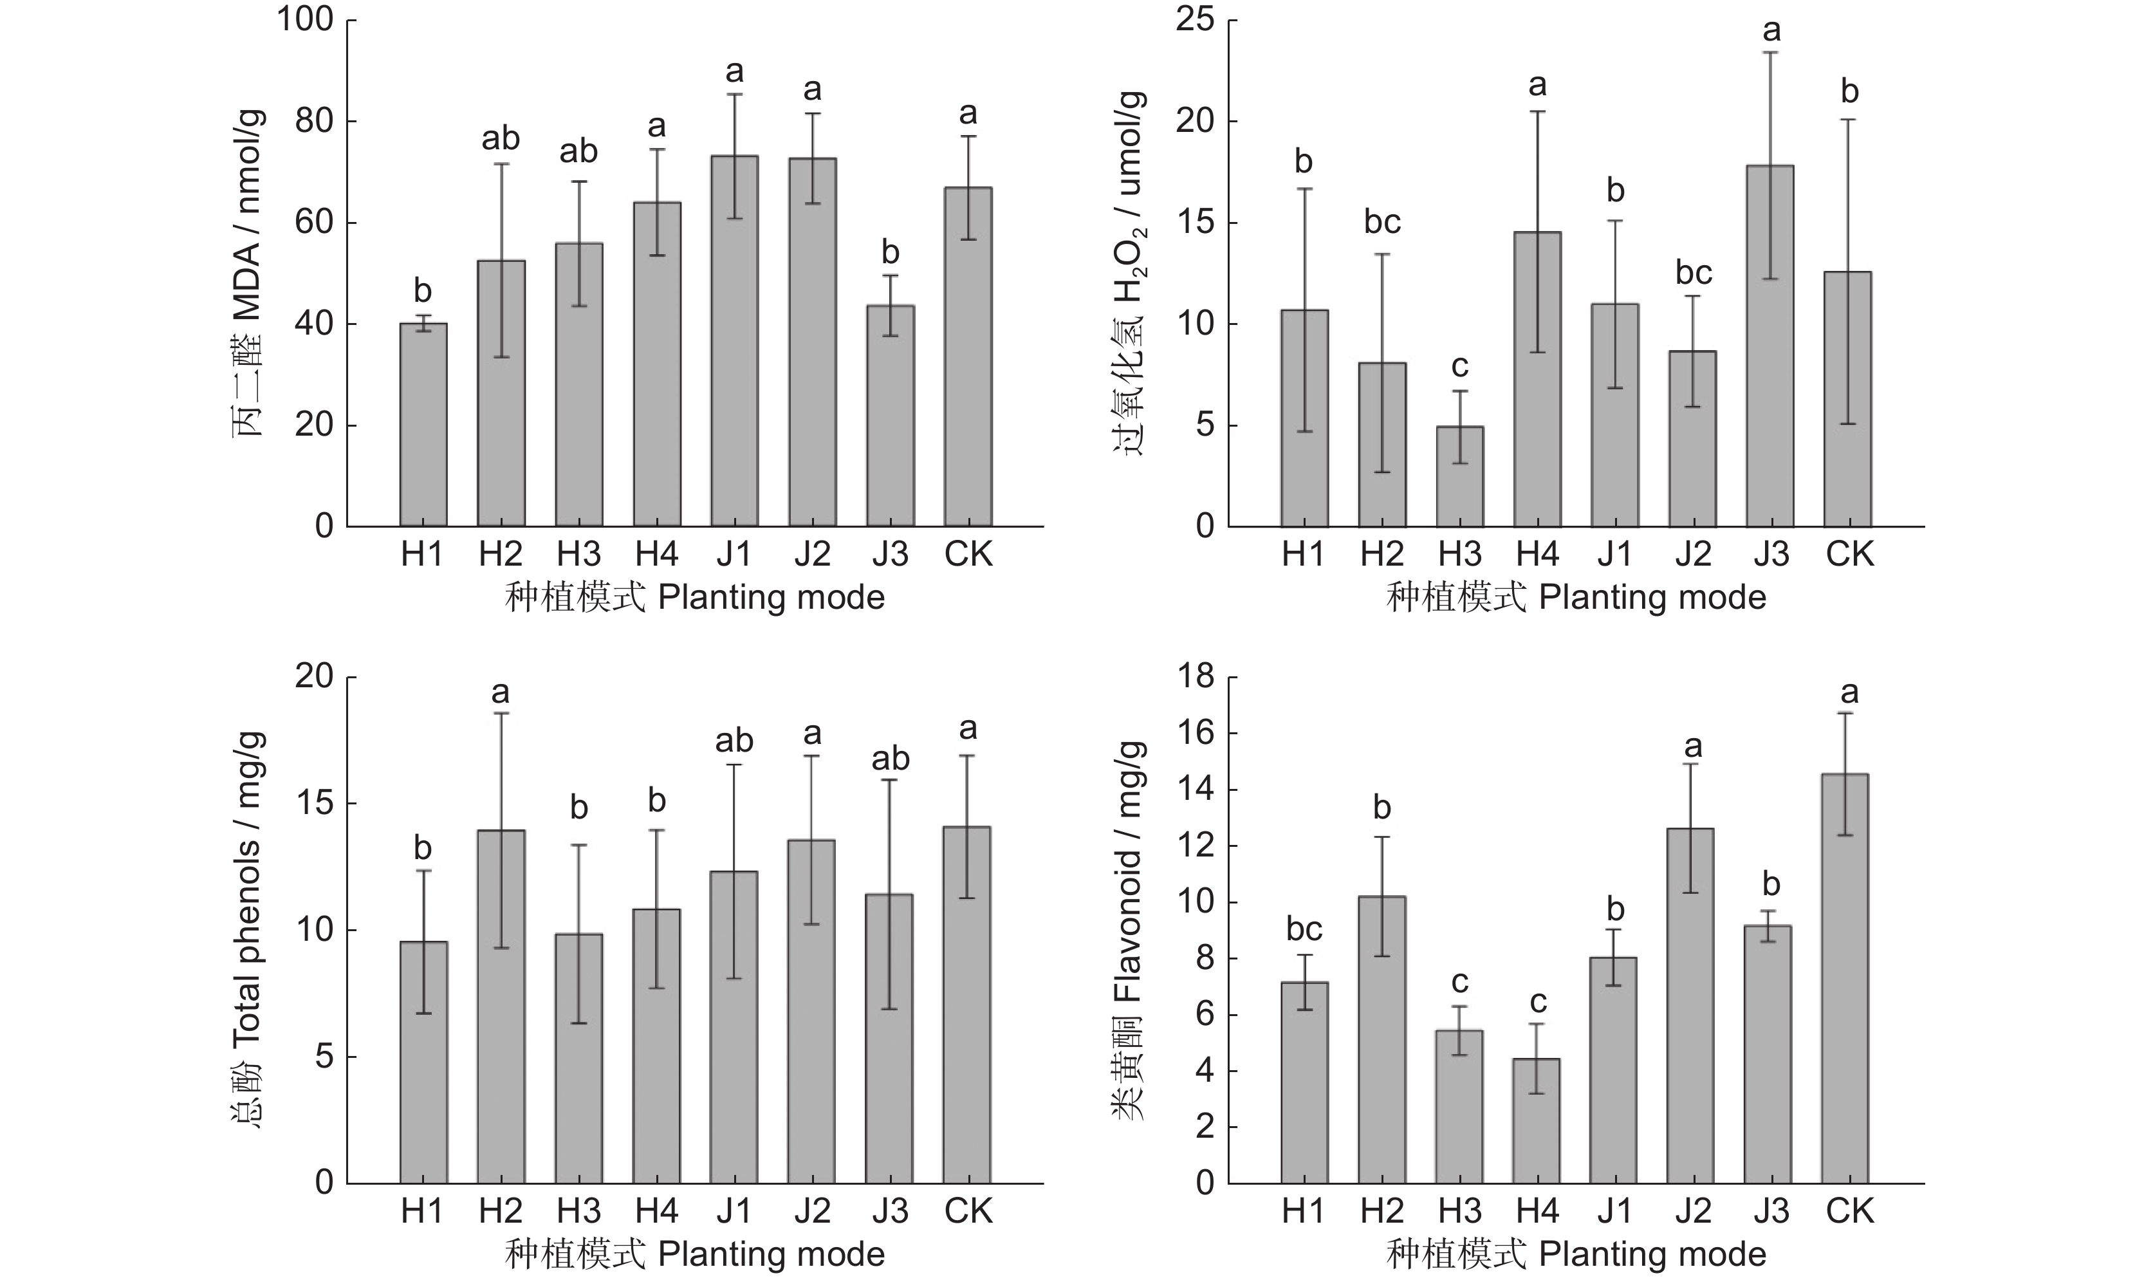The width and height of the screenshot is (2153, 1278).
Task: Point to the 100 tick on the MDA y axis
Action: click(x=305, y=20)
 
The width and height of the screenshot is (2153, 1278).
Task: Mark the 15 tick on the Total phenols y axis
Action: click(x=313, y=804)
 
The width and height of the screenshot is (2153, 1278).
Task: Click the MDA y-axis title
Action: click(x=248, y=274)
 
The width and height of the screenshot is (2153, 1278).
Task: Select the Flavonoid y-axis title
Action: click(x=1129, y=930)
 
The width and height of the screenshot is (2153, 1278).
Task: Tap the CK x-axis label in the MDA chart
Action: click(x=968, y=554)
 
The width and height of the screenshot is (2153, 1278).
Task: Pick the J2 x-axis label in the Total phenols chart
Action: click(x=812, y=1211)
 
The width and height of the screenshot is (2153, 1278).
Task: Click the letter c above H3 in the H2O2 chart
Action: click(x=1459, y=366)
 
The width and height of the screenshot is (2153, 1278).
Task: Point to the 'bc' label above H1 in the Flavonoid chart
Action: click(x=1304, y=929)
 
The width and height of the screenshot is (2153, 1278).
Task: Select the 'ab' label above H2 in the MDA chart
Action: click(x=500, y=138)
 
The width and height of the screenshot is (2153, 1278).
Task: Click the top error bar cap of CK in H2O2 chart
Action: click(x=1848, y=120)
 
